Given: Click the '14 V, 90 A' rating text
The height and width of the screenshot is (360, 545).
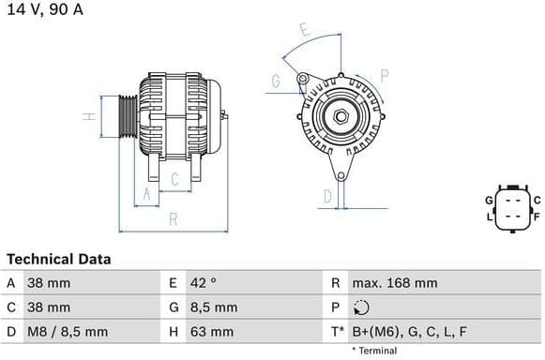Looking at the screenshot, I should coord(43,9).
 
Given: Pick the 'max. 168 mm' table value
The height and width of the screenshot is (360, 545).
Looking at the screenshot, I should coord(394,282).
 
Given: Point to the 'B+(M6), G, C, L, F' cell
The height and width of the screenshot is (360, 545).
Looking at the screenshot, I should coord(409,331).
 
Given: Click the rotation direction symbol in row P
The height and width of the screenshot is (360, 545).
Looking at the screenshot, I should coord(363,307).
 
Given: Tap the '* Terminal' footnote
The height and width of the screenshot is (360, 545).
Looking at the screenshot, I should coord(374,351).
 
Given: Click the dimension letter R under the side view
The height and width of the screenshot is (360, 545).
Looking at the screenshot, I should coord(174,219).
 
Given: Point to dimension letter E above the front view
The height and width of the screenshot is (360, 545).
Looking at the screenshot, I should coord(304,30).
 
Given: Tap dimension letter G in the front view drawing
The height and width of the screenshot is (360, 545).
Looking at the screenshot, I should coord(276,82).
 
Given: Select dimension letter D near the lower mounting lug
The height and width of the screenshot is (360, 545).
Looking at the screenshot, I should coord(327,196).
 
